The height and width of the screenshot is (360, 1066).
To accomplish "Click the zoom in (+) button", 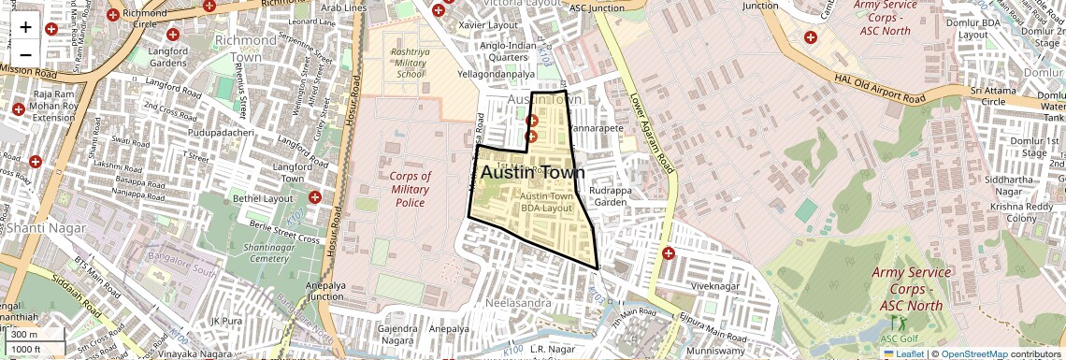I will pos(25,27).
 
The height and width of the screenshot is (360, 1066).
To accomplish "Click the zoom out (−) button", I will pos(25,53).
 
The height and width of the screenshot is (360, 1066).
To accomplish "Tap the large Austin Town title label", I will pos(532,173).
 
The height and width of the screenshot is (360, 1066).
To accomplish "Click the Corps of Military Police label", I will pos(410,189).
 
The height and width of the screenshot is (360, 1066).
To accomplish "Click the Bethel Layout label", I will pos(266,199).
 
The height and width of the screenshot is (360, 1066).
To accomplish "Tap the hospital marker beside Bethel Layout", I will pos(315,198).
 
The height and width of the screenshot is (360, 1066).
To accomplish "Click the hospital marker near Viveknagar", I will pos(668,253).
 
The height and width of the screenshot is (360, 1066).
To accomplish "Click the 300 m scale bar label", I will pos(24,335).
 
